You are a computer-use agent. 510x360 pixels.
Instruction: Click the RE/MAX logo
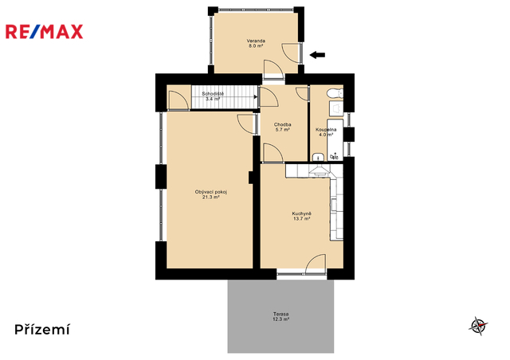click(45, 32)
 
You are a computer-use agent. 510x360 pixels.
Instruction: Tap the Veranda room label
click(256, 41)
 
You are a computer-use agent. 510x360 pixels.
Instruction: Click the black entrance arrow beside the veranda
click(317, 55)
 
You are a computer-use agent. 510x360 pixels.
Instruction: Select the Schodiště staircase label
click(213, 94)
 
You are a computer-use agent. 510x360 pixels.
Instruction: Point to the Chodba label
click(282, 124)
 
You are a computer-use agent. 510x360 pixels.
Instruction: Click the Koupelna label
click(326, 130)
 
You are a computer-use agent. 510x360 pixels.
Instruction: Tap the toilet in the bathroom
click(335, 94)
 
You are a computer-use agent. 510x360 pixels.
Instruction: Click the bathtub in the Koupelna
click(335, 140)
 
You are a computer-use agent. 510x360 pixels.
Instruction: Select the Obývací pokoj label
click(211, 192)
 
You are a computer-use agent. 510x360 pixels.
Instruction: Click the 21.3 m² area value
click(211, 197)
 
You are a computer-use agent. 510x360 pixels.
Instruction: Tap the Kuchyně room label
click(301, 213)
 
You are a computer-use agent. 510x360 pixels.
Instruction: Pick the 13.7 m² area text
click(301, 219)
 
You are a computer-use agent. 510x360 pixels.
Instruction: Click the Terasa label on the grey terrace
click(280, 314)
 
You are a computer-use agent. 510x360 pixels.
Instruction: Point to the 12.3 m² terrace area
click(280, 319)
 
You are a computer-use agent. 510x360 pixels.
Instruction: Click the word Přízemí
click(42, 330)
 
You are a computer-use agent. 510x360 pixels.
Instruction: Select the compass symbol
click(478, 326)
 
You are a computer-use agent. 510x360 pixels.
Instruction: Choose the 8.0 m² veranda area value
click(256, 46)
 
